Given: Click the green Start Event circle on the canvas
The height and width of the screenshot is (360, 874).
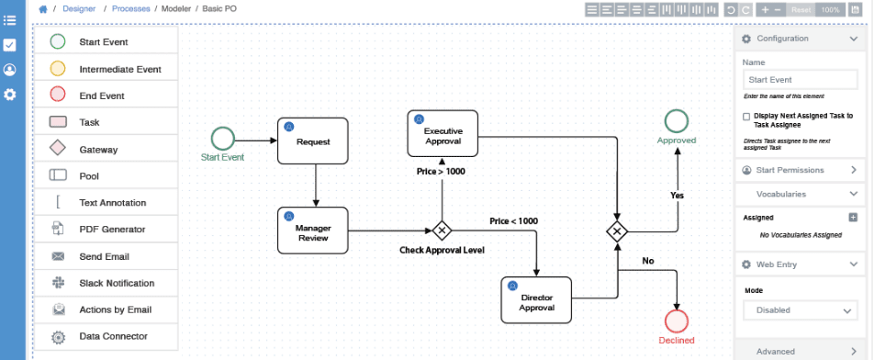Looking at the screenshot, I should pyautogui.click(x=222, y=139).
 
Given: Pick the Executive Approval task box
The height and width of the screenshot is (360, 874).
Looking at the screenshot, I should pyautogui.click(x=443, y=134).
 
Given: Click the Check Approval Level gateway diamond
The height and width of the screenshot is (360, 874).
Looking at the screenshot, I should pyautogui.click(x=443, y=231).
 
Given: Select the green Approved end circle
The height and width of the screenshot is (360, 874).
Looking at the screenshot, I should pyautogui.click(x=677, y=120).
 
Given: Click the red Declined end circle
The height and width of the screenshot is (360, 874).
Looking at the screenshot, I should pyautogui.click(x=677, y=321).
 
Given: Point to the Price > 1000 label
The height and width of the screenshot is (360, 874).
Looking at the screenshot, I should pyautogui.click(x=441, y=172).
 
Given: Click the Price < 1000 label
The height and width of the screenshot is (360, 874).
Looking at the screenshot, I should pyautogui.click(x=513, y=221).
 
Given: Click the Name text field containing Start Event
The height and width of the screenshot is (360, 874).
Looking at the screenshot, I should pyautogui.click(x=800, y=80).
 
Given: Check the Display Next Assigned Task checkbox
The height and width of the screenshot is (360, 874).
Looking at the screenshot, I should pyautogui.click(x=746, y=117).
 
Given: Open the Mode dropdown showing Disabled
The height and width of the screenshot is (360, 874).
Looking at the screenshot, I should pyautogui.click(x=800, y=310).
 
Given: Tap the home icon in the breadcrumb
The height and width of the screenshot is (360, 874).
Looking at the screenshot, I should pyautogui.click(x=42, y=9).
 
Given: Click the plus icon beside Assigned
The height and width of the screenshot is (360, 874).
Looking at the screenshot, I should pyautogui.click(x=853, y=218).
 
